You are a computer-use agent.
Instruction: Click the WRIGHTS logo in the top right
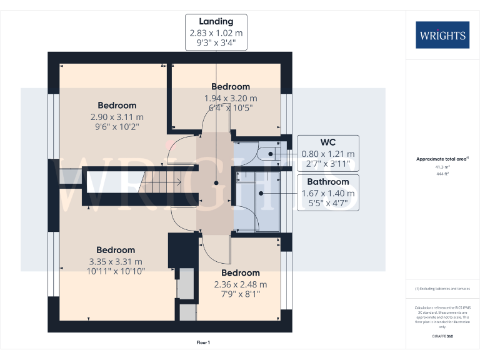tap(442, 35)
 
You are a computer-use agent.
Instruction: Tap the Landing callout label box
tap(216, 33)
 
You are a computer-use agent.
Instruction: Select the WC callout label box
tap(327, 153)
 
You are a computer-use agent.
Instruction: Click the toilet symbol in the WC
tap(267, 153)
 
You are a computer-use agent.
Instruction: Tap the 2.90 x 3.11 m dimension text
tap(116, 117)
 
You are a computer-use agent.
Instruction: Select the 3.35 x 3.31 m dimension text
tap(116, 261)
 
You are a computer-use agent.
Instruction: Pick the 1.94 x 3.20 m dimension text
tap(230, 98)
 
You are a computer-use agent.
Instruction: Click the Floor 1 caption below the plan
tap(203, 342)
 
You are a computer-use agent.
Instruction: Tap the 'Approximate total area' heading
tap(441, 159)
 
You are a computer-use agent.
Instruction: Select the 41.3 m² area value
tap(442, 167)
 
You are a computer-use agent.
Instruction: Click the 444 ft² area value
tap(442, 174)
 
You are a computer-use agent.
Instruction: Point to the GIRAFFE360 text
tap(442, 337)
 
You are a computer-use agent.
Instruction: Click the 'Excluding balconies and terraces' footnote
tap(442, 288)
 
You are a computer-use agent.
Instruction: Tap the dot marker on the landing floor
tap(216, 183)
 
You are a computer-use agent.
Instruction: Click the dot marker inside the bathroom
tap(262, 192)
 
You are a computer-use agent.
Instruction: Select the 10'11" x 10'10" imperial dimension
tap(116, 271)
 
